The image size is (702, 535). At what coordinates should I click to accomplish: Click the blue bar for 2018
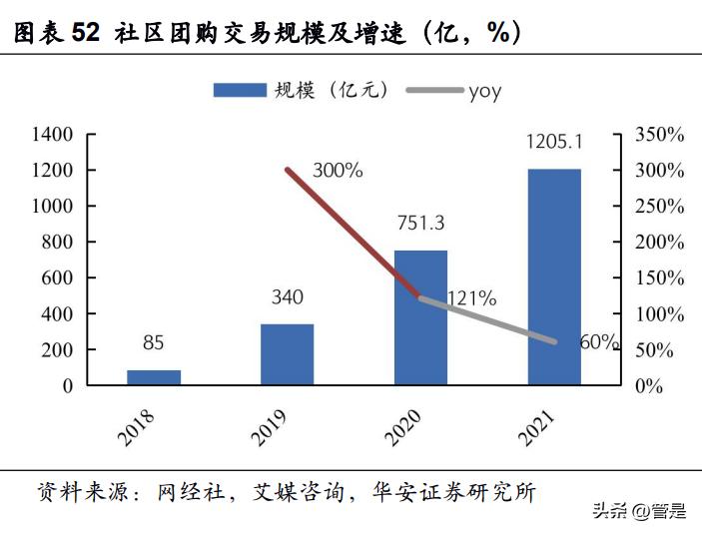pyautogui.click(x=154, y=377)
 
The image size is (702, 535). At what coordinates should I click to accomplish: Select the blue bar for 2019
pyautogui.click(x=287, y=354)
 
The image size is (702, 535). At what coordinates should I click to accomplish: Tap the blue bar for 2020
pyautogui.click(x=420, y=317)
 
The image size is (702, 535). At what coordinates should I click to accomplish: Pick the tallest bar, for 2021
pyautogui.click(x=554, y=276)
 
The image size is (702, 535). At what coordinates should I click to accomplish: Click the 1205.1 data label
pyautogui.click(x=554, y=142)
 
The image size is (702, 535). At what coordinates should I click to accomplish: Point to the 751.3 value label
pyautogui.click(x=420, y=224)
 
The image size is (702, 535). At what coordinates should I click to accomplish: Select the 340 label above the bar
pyautogui.click(x=287, y=296)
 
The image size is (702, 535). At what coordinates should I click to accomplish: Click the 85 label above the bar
pyautogui.click(x=153, y=343)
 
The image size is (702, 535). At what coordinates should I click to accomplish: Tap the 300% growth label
pyautogui.click(x=338, y=171)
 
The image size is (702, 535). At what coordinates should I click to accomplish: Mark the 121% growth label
pyautogui.click(x=471, y=297)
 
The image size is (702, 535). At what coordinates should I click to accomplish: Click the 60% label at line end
pyautogui.click(x=599, y=342)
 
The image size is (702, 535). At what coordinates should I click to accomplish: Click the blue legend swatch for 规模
pyautogui.click(x=240, y=91)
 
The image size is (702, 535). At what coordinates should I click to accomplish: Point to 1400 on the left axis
pyautogui.click(x=52, y=135)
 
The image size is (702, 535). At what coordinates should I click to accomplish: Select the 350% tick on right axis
pyautogui.click(x=659, y=135)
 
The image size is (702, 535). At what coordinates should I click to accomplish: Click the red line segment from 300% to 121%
pyautogui.click(x=353, y=234)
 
